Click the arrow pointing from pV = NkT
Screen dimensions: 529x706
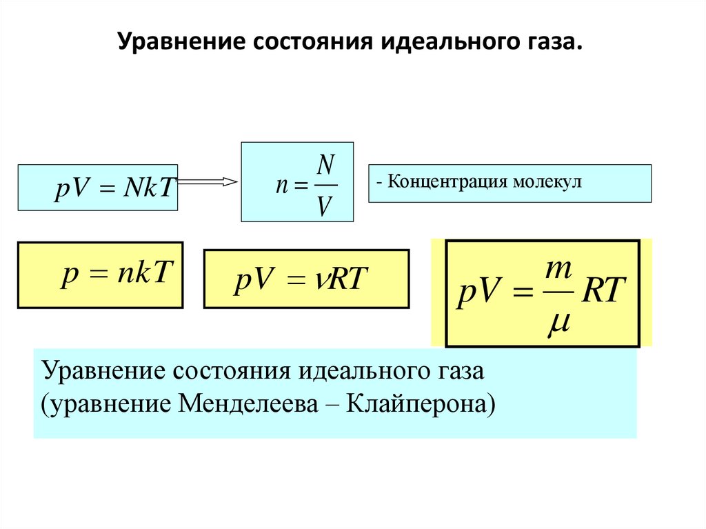tap(208, 182)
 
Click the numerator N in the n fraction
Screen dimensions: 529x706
tap(326, 165)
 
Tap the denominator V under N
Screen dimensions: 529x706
tap(325, 206)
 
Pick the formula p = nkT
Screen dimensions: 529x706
tap(114, 275)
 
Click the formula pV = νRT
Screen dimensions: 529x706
tap(301, 280)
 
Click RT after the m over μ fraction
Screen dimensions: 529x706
tap(603, 293)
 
